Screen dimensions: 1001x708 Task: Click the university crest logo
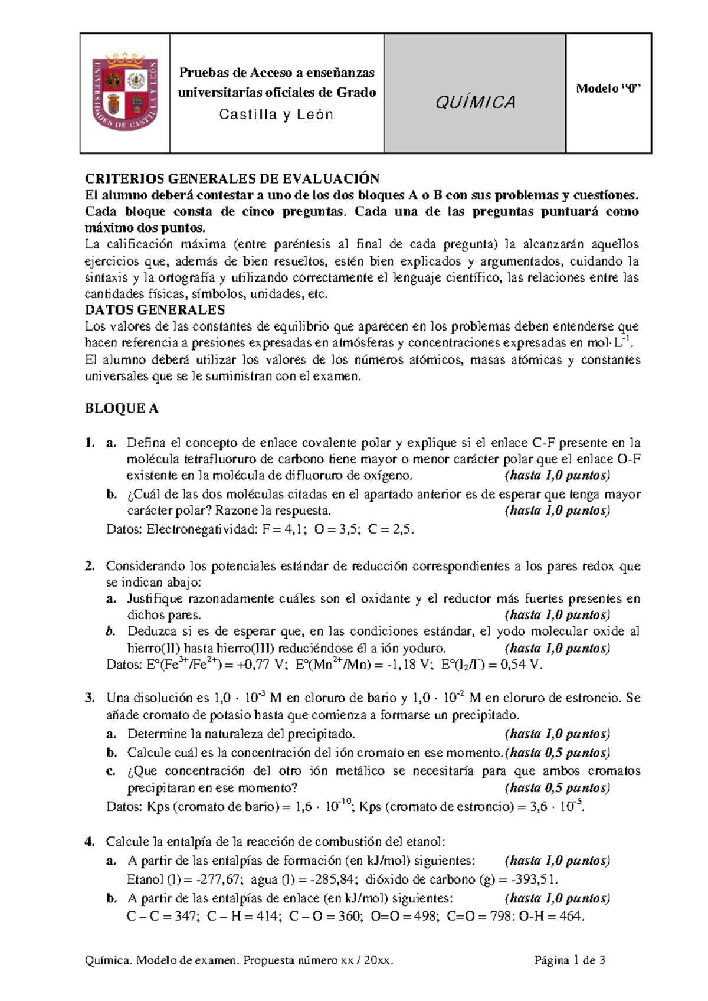(x=125, y=93)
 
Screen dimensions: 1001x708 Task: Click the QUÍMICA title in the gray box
(x=475, y=103)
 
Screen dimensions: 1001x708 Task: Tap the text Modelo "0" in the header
(x=608, y=89)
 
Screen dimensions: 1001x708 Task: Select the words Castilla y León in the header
(x=276, y=115)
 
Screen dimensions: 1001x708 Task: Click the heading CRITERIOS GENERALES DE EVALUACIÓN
(x=232, y=178)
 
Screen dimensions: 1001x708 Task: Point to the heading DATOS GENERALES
(x=155, y=310)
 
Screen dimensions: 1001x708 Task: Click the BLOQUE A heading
(x=122, y=408)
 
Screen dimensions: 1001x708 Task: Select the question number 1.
(x=90, y=443)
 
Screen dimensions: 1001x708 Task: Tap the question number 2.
(x=90, y=566)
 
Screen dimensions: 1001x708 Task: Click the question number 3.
(x=90, y=698)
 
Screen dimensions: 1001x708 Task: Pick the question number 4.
(x=90, y=842)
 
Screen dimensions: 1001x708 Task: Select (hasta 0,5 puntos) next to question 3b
(x=557, y=753)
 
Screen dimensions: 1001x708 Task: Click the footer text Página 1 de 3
(x=569, y=960)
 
